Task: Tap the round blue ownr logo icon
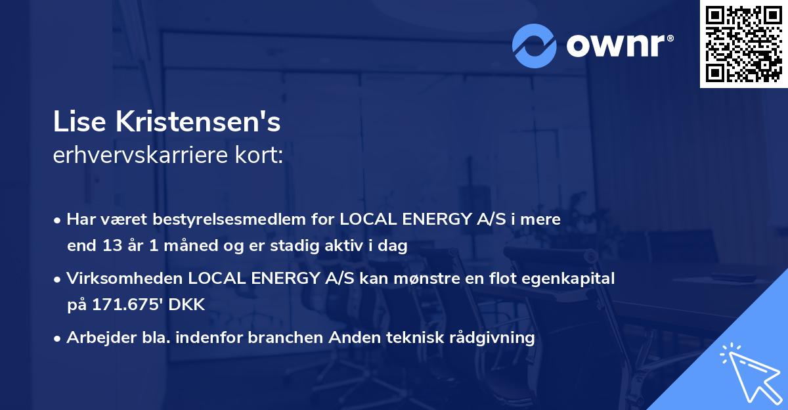point(535,46)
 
